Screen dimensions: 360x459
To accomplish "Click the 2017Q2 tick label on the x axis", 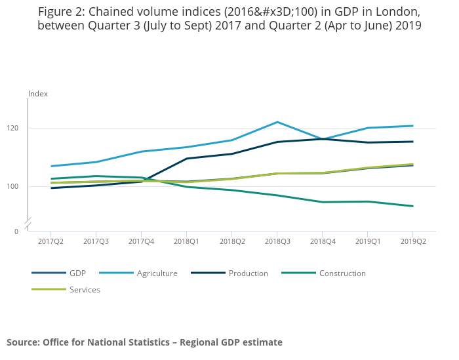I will click(51, 241).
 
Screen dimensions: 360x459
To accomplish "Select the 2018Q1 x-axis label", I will click(187, 241).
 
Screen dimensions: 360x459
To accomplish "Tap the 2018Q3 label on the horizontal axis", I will click(277, 241).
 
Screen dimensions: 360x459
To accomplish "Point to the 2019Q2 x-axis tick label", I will click(413, 241).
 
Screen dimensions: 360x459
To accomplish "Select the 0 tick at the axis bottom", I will click(16, 231).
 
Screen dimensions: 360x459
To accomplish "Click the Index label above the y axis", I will click(38, 94).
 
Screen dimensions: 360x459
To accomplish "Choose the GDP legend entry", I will click(77, 273).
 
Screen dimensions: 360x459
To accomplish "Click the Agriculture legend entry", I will click(157, 273).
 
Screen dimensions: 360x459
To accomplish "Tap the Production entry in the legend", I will click(248, 273).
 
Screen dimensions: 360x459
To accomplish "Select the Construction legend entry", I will click(342, 273).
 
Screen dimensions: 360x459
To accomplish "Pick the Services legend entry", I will click(85, 289).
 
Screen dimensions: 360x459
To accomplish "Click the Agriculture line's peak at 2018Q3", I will click(277, 122).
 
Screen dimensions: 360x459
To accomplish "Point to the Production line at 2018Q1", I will click(187, 159).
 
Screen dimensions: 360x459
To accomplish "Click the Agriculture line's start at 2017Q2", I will click(51, 166).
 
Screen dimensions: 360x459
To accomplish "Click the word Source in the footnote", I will click(22, 342).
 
